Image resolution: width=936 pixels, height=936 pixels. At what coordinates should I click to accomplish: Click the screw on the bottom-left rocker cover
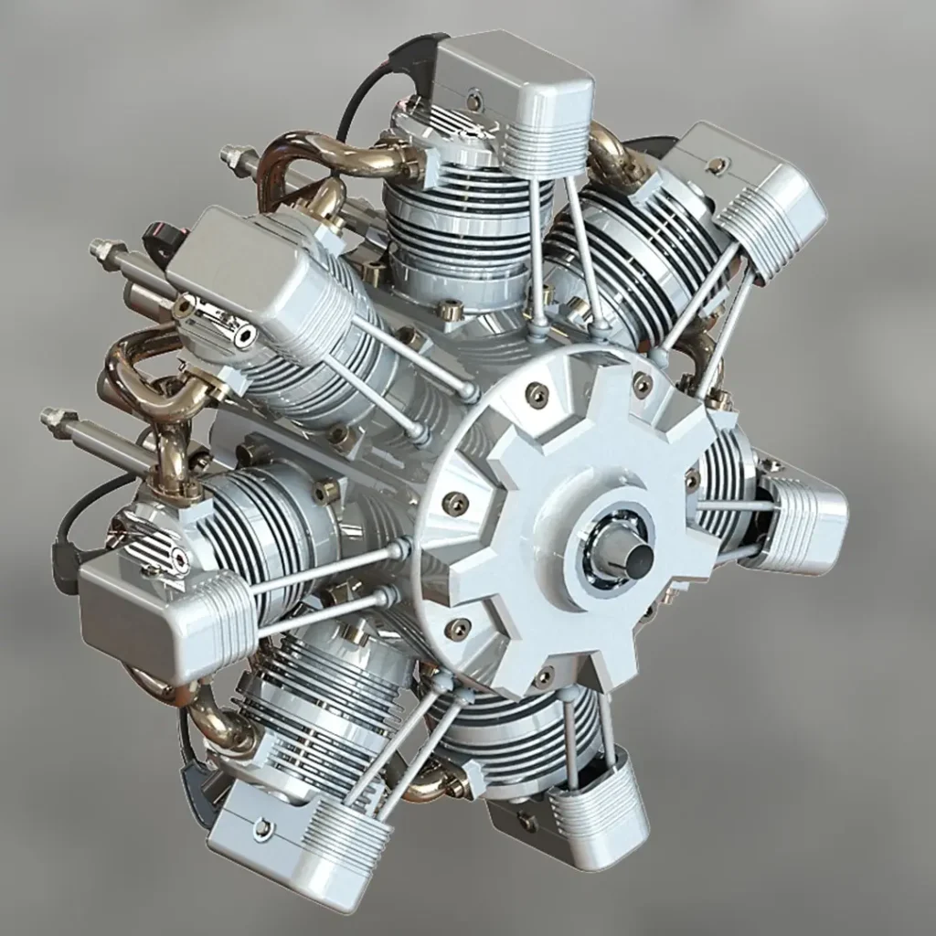tap(263, 828)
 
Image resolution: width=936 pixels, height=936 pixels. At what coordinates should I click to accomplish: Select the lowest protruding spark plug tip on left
tap(48, 417)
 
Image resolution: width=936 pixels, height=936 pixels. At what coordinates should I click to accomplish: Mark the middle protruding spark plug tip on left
tap(99, 249)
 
